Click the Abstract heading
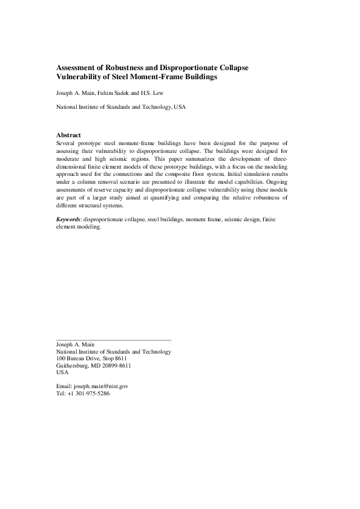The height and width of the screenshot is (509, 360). point(68,135)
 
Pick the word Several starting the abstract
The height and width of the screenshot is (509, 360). point(67,143)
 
